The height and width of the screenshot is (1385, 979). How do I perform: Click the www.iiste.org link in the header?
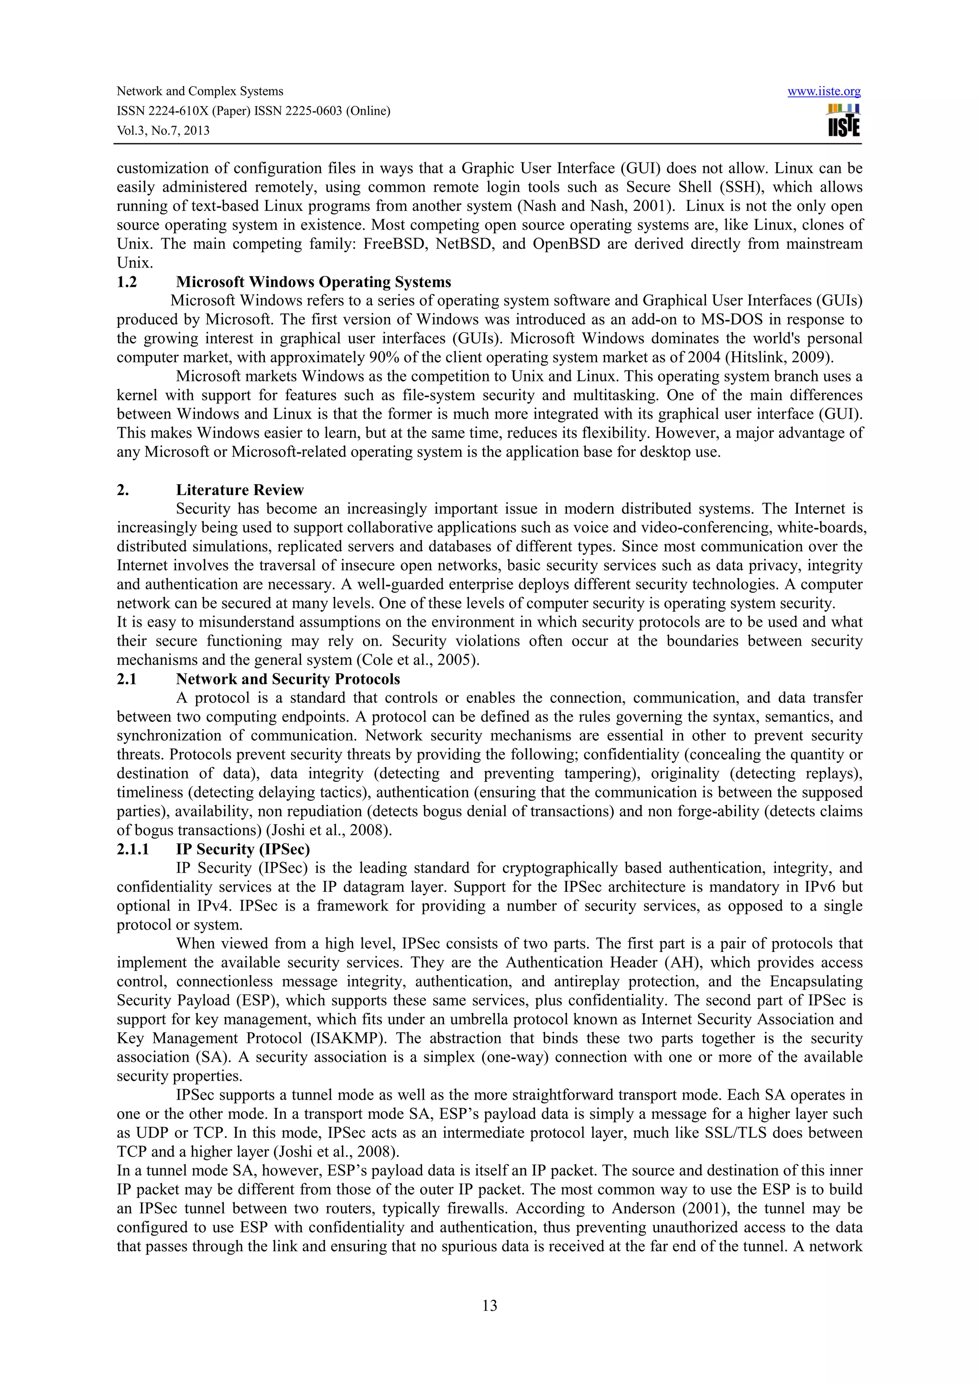coord(824,92)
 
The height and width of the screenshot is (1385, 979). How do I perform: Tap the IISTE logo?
coord(844,120)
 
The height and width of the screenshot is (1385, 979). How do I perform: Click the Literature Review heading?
coord(239,490)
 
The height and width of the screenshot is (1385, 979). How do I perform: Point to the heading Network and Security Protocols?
coord(288,679)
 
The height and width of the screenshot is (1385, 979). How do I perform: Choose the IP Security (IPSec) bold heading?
coord(242,849)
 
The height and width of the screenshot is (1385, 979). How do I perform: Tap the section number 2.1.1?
coord(132,849)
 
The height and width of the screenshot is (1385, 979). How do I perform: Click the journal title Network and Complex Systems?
coord(200,92)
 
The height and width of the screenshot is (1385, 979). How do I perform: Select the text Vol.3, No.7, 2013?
coord(163,131)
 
